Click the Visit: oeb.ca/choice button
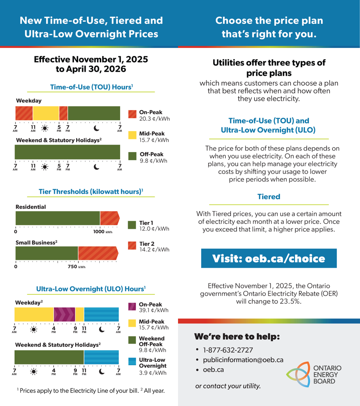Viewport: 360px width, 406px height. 269,258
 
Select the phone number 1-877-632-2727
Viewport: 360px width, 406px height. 228,350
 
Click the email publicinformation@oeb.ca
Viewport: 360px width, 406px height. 243,360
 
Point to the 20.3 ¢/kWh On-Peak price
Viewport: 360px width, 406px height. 155,119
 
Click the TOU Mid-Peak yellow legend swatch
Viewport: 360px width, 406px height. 132,135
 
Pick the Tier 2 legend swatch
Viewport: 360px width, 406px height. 132,245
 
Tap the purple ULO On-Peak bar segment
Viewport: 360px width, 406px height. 64,314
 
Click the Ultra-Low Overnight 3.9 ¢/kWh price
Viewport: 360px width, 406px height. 153,373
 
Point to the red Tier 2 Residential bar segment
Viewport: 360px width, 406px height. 109,218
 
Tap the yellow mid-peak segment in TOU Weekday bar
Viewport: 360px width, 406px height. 46,113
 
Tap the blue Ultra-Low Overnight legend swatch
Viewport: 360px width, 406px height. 132,362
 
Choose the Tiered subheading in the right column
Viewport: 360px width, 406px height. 269,197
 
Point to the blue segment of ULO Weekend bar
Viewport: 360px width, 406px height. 101,357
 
